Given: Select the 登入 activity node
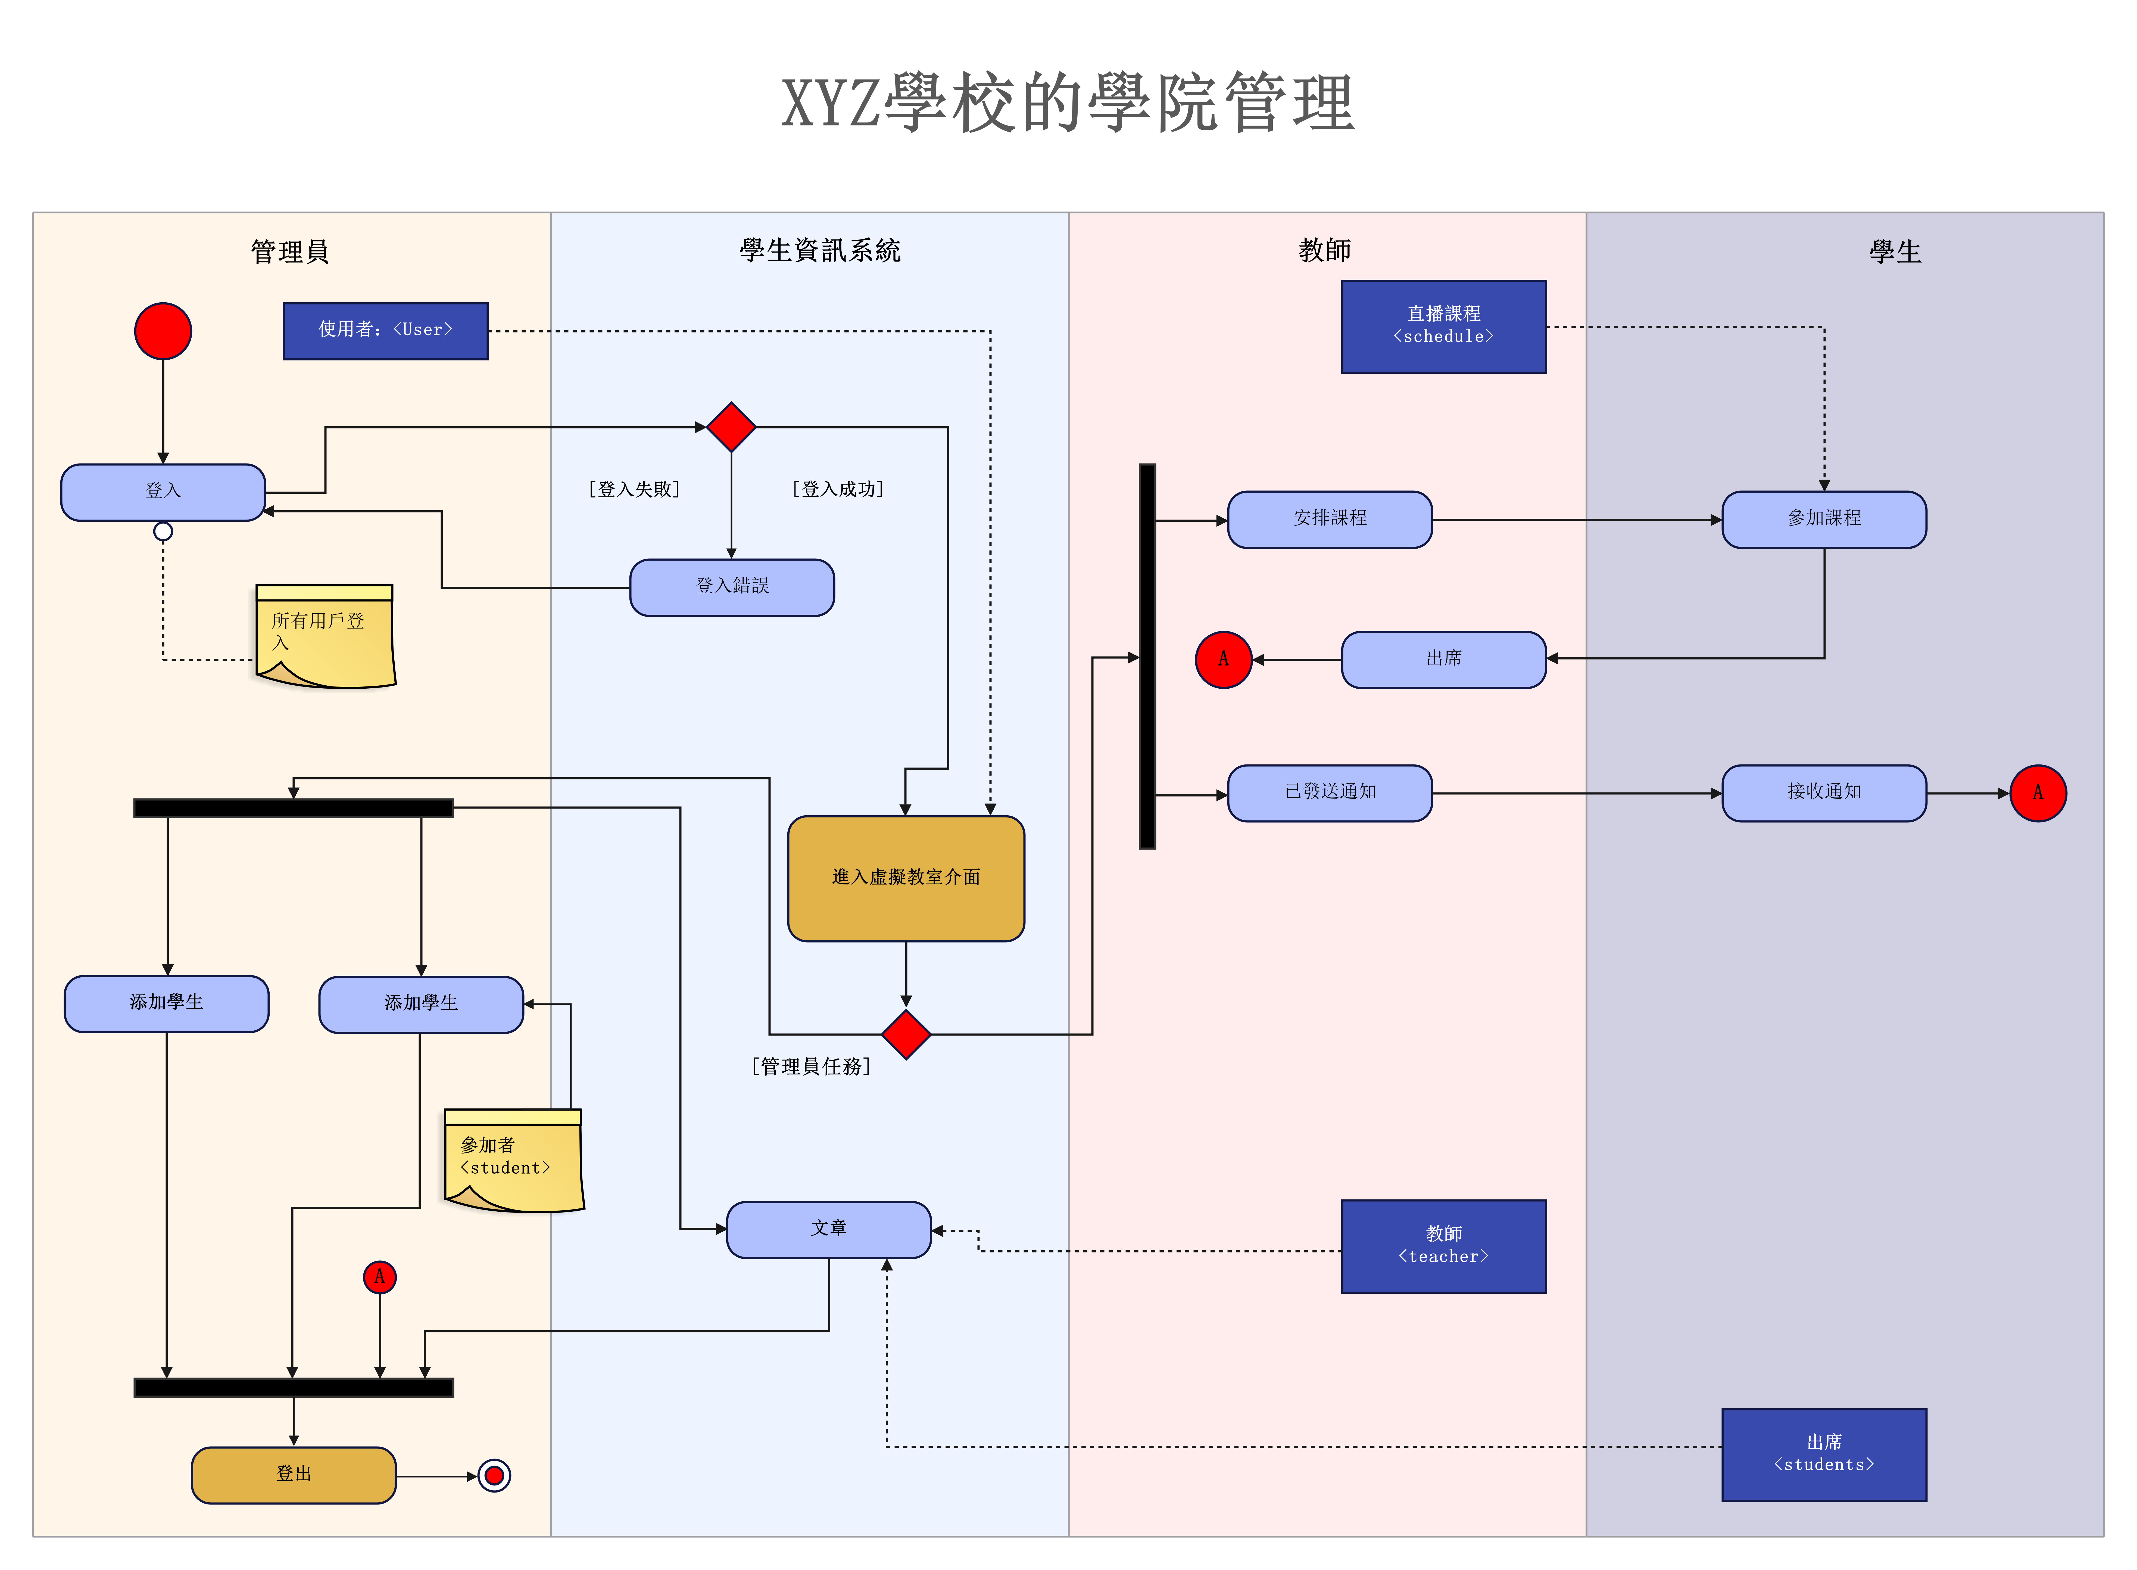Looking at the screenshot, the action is click(x=163, y=492).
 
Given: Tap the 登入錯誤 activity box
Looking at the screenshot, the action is click(x=732, y=587).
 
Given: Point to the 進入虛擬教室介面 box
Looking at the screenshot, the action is click(x=906, y=878).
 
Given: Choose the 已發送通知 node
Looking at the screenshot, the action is click(x=1329, y=792).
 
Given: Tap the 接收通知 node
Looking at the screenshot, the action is click(x=1823, y=792).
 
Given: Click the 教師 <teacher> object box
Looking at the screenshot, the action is click(x=1443, y=1246).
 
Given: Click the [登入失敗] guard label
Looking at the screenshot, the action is click(x=634, y=489).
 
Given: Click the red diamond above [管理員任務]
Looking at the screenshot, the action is click(x=906, y=1034).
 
